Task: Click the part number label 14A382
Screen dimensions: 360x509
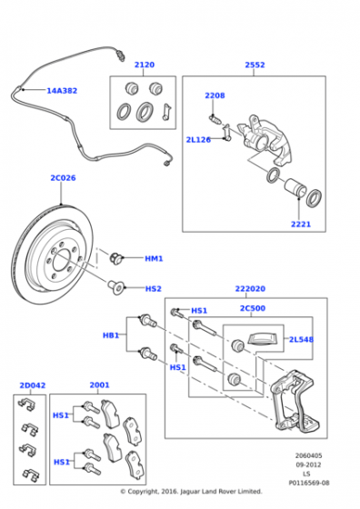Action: pos(62,91)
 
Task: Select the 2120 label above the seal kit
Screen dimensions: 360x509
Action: pos(145,65)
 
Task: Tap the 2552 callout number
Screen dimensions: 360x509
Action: pos(255,65)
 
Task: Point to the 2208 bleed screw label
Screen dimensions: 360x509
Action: pos(215,95)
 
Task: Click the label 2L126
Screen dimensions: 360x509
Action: pos(198,140)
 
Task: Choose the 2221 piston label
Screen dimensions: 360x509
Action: pos(301,224)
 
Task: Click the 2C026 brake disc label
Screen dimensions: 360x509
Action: pos(63,178)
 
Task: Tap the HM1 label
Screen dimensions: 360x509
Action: pos(154,259)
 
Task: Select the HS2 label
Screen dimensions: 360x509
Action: pos(154,289)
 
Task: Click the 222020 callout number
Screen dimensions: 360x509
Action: pos(250,289)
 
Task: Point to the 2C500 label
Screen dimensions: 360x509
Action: pos(253,308)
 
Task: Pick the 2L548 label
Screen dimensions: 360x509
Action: pos(301,340)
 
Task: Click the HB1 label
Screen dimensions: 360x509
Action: pos(111,335)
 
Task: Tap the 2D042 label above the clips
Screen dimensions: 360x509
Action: pos(33,385)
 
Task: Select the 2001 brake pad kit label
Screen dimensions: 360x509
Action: pos(99,385)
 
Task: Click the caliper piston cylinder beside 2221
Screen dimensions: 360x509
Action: pos(295,187)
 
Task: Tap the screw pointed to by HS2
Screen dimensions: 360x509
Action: pos(115,287)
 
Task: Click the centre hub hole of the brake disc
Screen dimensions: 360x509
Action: pos(64,262)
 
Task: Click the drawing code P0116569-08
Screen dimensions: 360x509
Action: pos(309,483)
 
